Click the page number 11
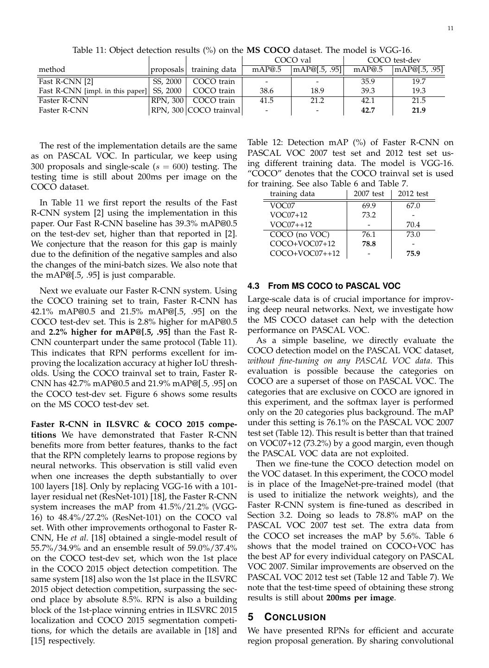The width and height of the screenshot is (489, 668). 451,29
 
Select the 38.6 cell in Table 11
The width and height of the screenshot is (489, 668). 267,91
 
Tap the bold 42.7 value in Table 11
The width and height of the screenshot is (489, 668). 368,110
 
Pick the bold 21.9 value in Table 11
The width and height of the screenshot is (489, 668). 418,110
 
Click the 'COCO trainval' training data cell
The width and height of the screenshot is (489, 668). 214,110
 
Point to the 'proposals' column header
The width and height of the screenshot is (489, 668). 167,70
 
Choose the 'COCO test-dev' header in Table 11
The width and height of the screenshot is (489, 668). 394,60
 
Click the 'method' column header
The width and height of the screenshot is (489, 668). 52,70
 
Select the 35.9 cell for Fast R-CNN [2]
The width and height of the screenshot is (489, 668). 368,81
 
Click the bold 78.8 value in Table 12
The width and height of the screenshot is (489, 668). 369,244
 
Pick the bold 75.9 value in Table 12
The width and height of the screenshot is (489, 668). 413,254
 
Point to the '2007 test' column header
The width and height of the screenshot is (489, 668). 368,194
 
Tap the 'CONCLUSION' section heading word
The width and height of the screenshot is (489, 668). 295,617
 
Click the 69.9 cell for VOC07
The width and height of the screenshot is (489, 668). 369,206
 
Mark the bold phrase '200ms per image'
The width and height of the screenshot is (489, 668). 360,598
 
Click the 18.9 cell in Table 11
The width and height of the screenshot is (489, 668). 318,91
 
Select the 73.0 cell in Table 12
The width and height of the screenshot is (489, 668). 413,235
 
